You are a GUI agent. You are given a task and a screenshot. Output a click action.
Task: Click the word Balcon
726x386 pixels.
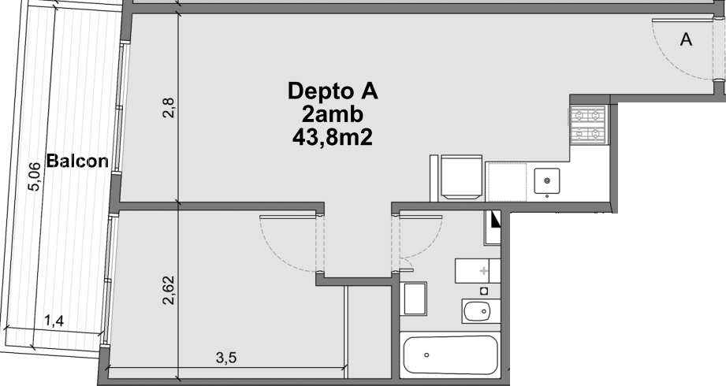[77, 161]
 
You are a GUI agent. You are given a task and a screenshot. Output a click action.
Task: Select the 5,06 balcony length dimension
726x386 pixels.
[34, 176]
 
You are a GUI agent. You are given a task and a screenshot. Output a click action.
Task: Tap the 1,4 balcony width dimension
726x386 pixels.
[54, 321]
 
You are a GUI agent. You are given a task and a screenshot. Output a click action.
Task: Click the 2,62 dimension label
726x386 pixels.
[169, 290]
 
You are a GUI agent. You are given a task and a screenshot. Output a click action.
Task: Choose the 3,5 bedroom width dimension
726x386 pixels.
[226, 358]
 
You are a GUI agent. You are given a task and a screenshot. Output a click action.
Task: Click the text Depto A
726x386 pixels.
[333, 91]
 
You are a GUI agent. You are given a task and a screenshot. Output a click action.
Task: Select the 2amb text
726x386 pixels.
[333, 114]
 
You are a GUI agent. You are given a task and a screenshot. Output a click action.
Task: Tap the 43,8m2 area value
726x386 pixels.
[333, 137]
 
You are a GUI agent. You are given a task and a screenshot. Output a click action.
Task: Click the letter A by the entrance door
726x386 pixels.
[686, 40]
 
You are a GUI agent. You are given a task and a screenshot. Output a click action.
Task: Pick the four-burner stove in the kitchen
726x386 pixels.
[588, 124]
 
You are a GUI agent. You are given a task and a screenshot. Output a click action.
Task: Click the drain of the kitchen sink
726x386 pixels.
[547, 180]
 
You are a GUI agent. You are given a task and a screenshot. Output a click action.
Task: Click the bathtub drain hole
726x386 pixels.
[426, 355]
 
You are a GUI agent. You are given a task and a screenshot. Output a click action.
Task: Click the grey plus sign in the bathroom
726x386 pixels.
[484, 271]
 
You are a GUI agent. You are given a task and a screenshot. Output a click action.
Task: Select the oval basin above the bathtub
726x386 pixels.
[478, 311]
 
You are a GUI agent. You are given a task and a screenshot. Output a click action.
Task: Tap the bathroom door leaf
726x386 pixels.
[420, 216]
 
